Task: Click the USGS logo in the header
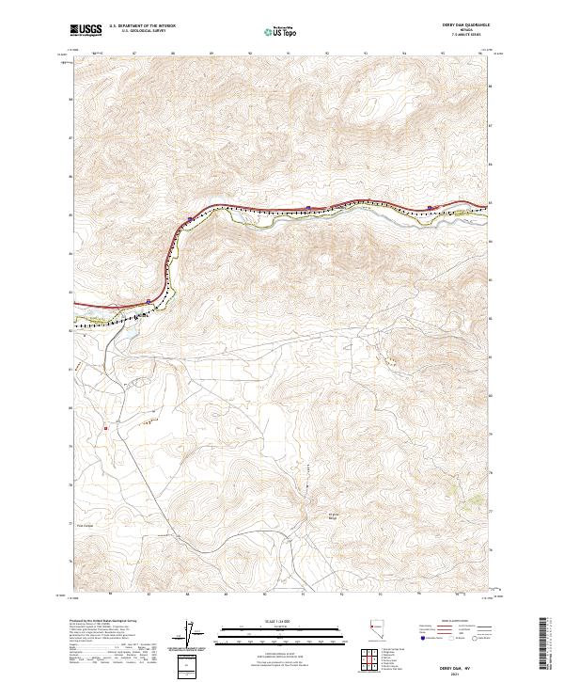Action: pos(86,31)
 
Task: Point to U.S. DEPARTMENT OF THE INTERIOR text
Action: pos(141,26)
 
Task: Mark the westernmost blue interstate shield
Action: pos(149,301)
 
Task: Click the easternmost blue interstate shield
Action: pos(430,208)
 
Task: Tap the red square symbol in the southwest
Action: pos(106,428)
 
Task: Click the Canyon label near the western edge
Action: pos(86,526)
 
